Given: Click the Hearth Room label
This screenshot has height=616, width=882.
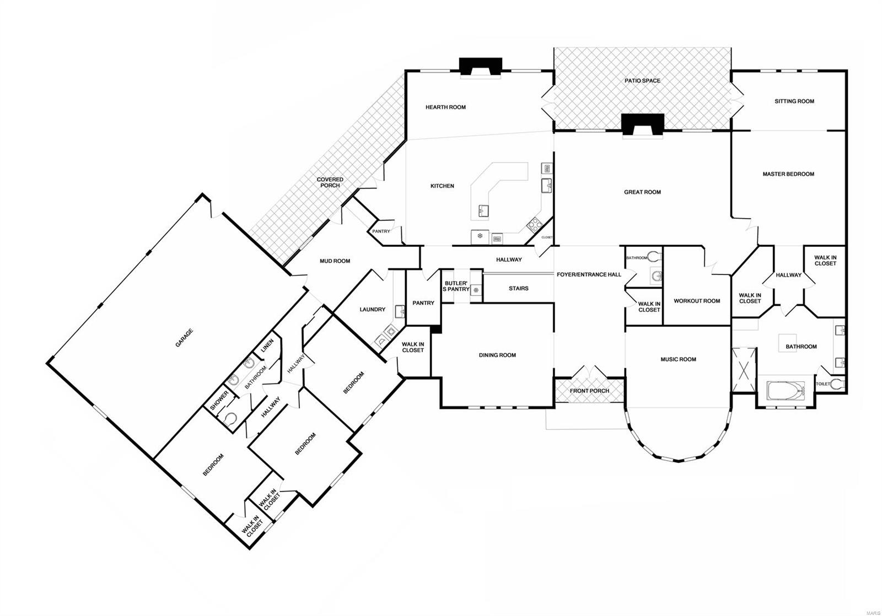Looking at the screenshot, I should (x=445, y=107).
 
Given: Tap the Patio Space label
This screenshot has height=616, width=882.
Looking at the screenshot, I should (x=642, y=81).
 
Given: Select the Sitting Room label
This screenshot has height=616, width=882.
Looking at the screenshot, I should (x=794, y=101).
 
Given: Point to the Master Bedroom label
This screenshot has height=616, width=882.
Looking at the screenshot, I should (x=788, y=174).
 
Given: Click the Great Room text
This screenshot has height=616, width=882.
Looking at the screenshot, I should (x=642, y=192).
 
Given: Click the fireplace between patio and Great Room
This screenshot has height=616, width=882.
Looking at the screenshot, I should (x=643, y=124).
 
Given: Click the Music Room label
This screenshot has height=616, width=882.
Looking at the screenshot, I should (x=678, y=359).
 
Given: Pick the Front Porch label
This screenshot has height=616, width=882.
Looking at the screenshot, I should (x=589, y=391).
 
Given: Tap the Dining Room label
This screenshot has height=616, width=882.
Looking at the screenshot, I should (x=497, y=355).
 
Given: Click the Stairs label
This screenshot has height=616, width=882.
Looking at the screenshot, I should (x=518, y=288).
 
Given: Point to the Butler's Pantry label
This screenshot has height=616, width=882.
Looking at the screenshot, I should (x=456, y=286).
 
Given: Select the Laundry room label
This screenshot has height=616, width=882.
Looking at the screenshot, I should (x=372, y=310).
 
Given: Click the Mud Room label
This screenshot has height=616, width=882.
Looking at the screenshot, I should (x=335, y=261).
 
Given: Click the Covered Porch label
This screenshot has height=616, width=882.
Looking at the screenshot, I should (x=330, y=182).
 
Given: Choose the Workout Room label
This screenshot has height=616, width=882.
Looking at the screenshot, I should (x=697, y=301).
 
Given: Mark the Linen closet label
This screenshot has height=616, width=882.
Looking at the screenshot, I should (x=267, y=345).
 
